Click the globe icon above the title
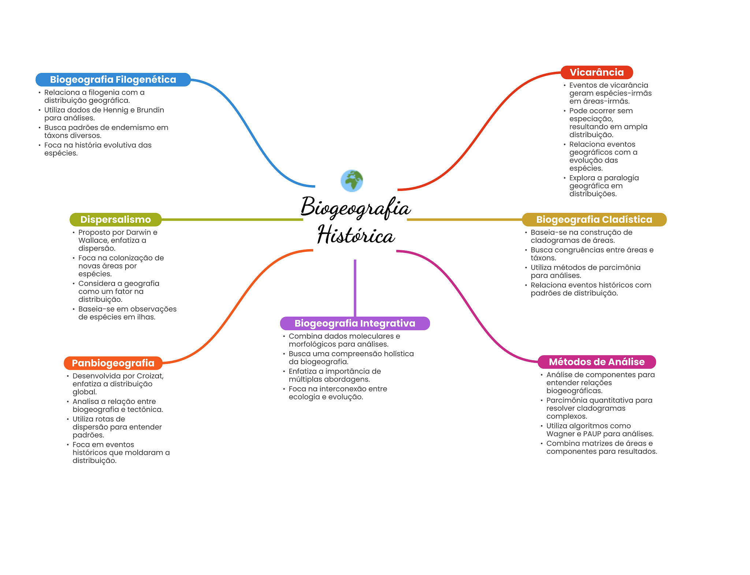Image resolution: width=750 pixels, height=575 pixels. coord(352,181)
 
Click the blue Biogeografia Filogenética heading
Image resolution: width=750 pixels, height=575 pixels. coord(113,80)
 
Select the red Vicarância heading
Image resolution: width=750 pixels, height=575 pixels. coord(597,72)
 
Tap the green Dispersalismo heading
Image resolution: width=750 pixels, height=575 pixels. coord(115,220)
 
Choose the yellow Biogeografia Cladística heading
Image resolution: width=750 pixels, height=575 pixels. coord(594,220)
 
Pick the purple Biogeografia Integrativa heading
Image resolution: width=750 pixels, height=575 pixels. coord(354,323)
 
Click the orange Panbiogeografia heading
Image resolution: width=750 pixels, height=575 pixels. coord(113,363)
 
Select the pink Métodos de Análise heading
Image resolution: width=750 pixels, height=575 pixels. coord(597,362)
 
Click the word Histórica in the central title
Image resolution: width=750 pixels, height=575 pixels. coord(356,235)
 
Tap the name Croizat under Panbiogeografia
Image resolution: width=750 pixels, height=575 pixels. coord(150,376)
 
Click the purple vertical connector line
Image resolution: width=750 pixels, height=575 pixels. coord(355,288)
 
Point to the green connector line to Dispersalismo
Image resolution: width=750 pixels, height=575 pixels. coord(232,220)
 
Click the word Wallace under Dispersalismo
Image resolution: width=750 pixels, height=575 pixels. coord(93,240)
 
